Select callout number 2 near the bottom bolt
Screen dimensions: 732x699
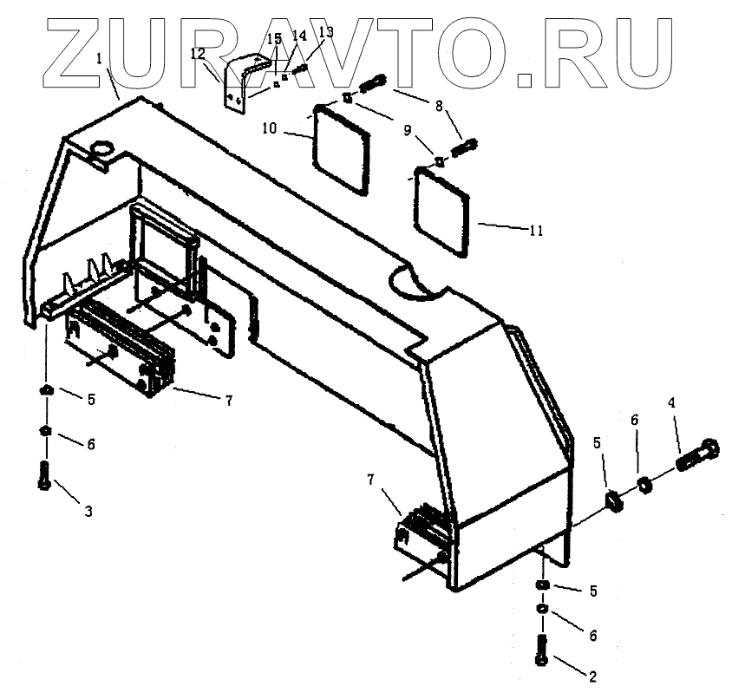(x=592, y=676)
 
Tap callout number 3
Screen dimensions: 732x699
(x=88, y=512)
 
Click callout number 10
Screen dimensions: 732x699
(x=269, y=128)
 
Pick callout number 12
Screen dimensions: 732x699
(x=198, y=54)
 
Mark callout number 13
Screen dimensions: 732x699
(x=325, y=32)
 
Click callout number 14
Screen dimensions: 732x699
(x=299, y=36)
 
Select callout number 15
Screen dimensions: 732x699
(x=274, y=39)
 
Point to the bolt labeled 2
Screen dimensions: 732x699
(x=543, y=647)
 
